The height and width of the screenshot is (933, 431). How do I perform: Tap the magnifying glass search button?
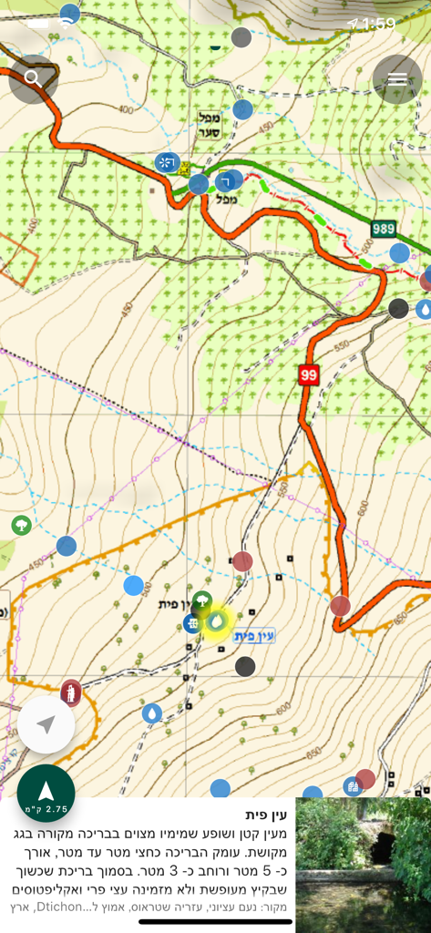point(33,78)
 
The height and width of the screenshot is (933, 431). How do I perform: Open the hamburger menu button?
point(397,79)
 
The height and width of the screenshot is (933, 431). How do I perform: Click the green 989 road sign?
point(384,228)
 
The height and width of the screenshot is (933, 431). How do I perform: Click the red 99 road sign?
point(308,374)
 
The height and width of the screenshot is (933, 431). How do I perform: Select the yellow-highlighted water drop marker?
point(217,621)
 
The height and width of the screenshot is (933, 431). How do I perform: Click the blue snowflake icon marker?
point(166,163)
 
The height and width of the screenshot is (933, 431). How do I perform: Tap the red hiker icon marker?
point(71,692)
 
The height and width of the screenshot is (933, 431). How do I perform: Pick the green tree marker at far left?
point(20,526)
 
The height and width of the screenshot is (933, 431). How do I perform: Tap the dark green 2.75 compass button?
point(46,793)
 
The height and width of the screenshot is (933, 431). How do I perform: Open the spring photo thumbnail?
point(363,865)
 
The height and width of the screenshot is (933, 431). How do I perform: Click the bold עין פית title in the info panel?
point(267,815)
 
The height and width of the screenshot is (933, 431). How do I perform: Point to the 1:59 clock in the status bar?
point(378,24)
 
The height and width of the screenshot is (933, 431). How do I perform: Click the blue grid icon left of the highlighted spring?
point(191,623)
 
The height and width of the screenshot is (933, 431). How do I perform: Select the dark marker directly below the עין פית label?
point(245,666)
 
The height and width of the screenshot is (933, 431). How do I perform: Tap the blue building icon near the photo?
point(352,786)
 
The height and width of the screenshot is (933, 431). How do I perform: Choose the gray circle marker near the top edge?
point(241,37)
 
